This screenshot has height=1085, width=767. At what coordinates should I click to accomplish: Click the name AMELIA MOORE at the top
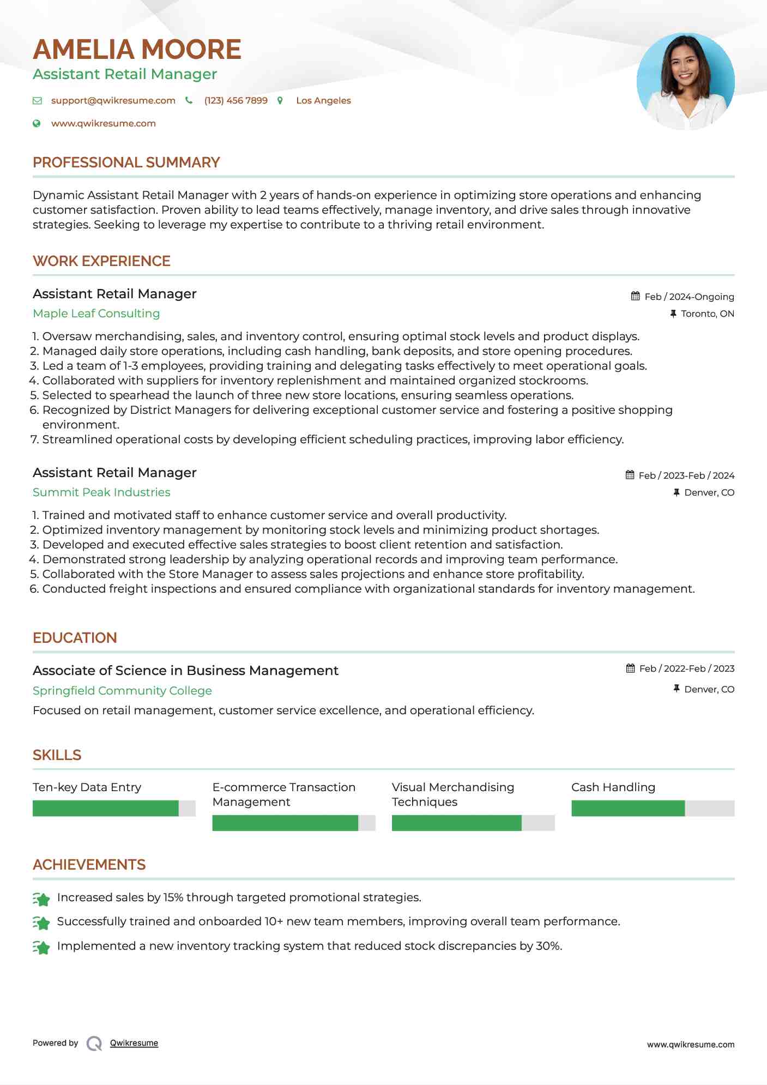click(x=137, y=50)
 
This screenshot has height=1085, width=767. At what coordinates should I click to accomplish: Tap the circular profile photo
click(x=685, y=81)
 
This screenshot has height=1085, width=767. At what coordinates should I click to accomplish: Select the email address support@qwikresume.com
click(x=113, y=100)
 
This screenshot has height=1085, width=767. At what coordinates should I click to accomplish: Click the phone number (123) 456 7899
click(x=235, y=100)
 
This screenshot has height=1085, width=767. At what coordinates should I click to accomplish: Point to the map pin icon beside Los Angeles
click(x=280, y=100)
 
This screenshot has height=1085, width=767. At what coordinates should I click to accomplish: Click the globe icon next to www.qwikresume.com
click(x=37, y=123)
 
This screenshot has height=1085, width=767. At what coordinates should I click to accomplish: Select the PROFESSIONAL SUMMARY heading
click(x=126, y=162)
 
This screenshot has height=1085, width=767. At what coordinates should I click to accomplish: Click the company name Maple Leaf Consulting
click(x=96, y=313)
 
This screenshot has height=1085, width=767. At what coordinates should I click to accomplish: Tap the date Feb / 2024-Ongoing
click(x=689, y=297)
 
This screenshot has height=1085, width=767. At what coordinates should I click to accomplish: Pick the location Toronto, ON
click(x=707, y=314)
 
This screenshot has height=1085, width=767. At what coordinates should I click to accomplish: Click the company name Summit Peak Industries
click(x=101, y=492)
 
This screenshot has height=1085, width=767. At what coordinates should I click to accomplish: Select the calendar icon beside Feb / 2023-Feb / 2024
click(x=630, y=475)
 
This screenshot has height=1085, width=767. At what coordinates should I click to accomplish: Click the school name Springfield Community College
click(x=122, y=690)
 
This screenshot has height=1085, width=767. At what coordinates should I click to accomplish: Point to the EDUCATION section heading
click(x=75, y=638)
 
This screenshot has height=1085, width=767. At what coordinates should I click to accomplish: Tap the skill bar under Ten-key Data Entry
click(x=114, y=808)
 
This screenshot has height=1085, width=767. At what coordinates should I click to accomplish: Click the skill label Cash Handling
click(x=613, y=787)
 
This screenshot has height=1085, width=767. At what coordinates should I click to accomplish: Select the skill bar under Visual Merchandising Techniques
click(x=473, y=823)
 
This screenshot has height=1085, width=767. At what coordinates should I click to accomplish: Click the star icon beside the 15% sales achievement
click(x=41, y=898)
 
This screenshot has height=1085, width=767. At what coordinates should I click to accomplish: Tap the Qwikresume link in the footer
click(x=134, y=1043)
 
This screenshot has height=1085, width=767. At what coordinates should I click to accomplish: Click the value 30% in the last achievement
click(x=548, y=945)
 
